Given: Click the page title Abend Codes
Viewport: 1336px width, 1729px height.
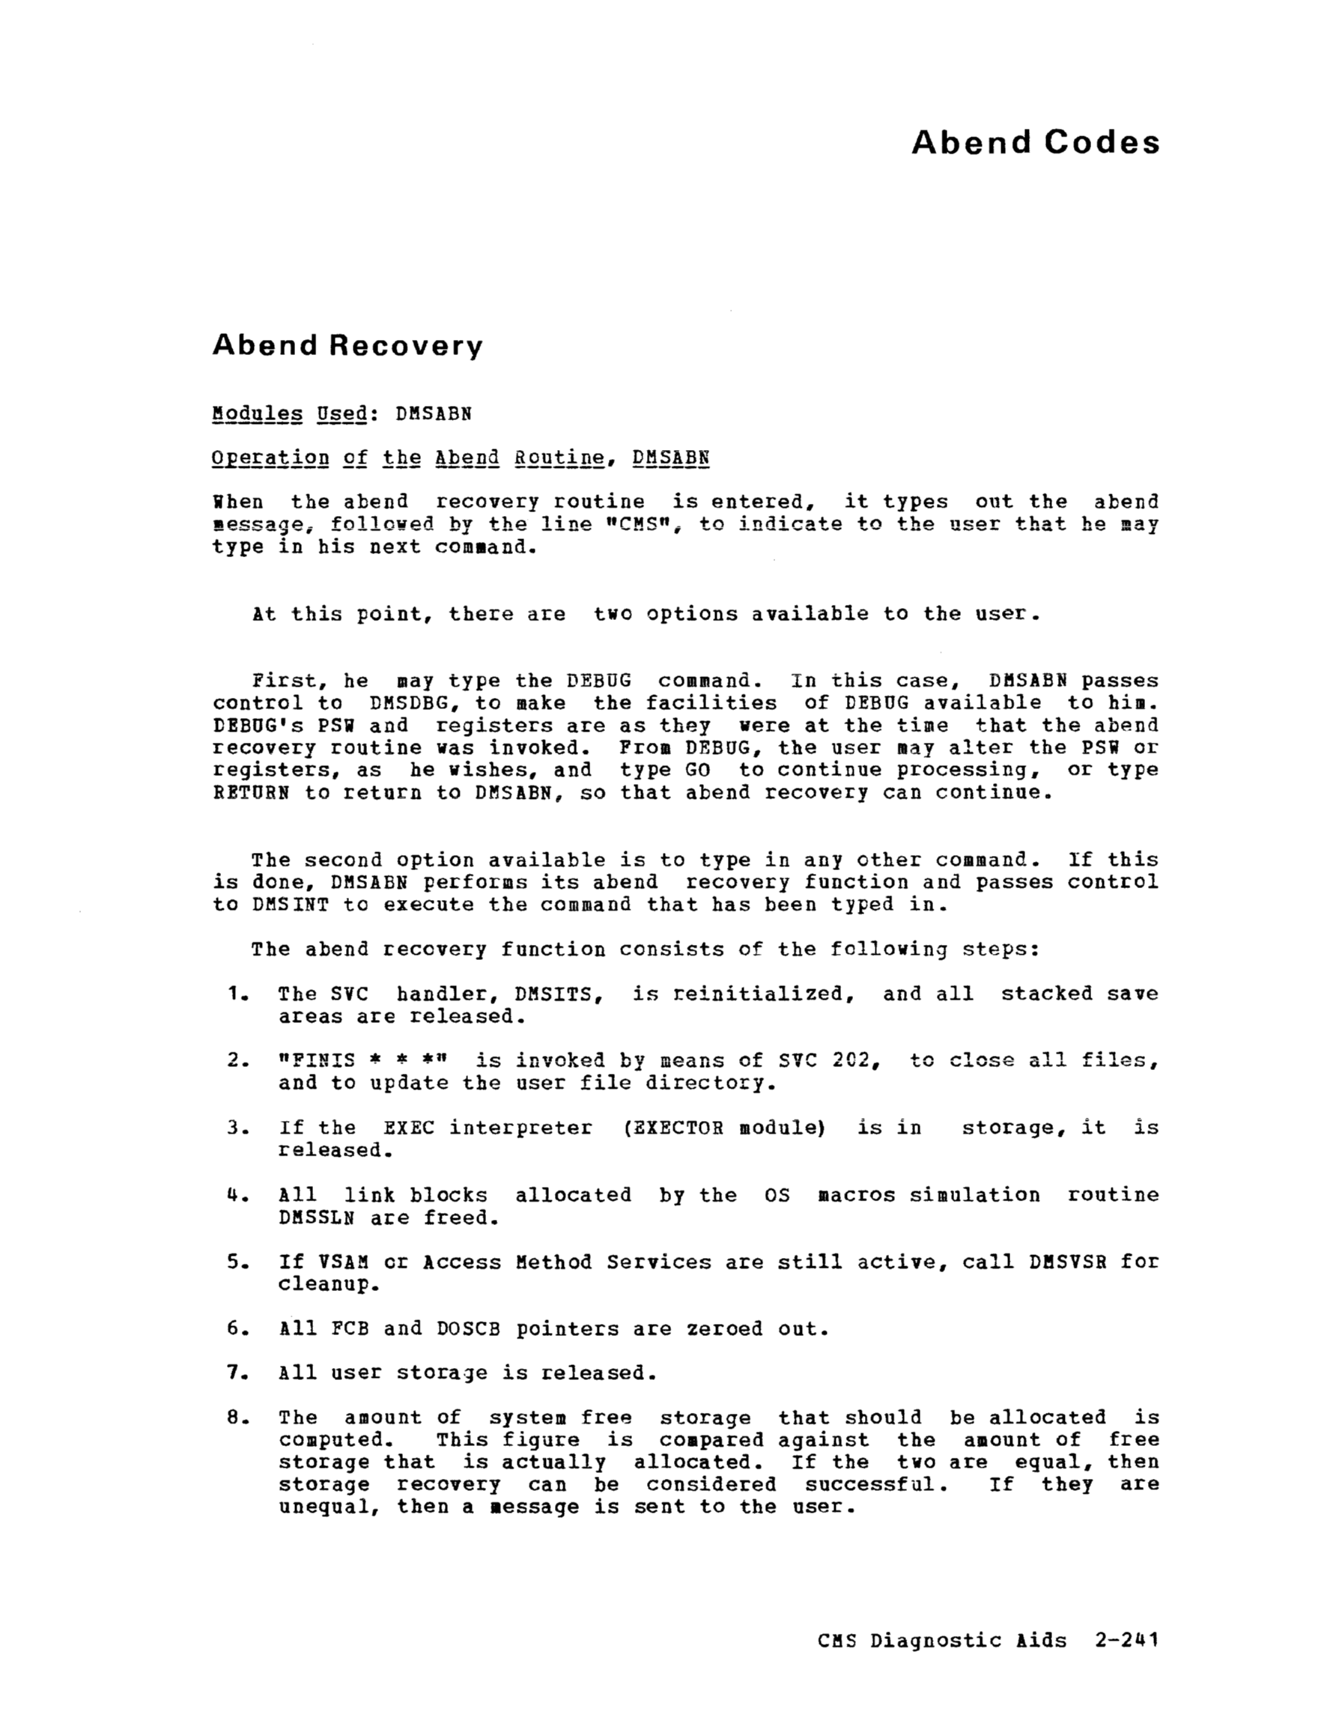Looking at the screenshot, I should tap(1035, 142).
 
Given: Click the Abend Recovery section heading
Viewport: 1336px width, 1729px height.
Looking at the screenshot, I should tap(347, 346).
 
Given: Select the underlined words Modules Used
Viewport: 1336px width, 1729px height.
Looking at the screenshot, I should tap(290, 414).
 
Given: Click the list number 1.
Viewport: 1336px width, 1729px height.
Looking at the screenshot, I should tap(234, 994).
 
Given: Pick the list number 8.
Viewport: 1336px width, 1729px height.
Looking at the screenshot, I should tap(234, 1417).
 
